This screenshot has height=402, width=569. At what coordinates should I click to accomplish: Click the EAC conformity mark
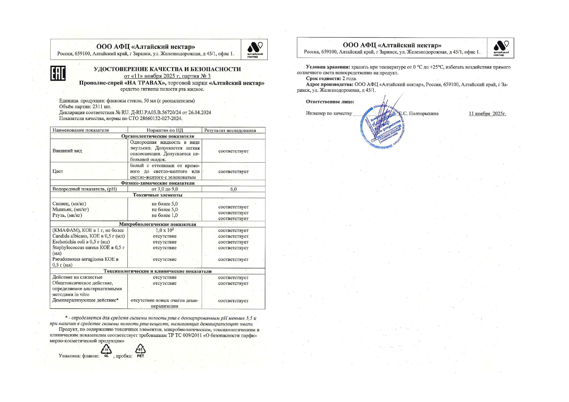click(x=58, y=73)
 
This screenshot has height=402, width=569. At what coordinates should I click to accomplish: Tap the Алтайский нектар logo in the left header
click(x=255, y=49)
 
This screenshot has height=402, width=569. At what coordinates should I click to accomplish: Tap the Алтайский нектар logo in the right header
click(x=501, y=48)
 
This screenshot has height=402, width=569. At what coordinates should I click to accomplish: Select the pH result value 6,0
click(x=233, y=189)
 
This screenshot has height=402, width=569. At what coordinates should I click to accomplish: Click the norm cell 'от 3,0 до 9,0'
click(x=165, y=189)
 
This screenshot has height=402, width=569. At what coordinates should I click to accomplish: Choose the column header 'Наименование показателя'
click(x=81, y=130)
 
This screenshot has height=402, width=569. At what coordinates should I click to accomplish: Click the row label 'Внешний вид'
click(x=67, y=151)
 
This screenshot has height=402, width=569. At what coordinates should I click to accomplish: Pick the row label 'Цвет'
click(x=58, y=171)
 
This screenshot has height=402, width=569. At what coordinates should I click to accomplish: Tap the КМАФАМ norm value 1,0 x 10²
click(x=165, y=230)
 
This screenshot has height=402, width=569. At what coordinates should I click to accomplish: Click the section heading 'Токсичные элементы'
click(x=158, y=195)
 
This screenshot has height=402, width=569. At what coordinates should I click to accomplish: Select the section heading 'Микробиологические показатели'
click(x=158, y=224)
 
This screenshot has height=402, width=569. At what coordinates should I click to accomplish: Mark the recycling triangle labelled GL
click(x=106, y=350)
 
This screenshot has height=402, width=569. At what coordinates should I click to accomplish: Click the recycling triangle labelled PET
click(x=140, y=350)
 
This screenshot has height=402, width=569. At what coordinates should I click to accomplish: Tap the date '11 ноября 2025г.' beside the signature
click(x=487, y=113)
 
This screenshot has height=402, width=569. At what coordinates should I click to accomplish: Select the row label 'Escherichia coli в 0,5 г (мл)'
click(x=81, y=242)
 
